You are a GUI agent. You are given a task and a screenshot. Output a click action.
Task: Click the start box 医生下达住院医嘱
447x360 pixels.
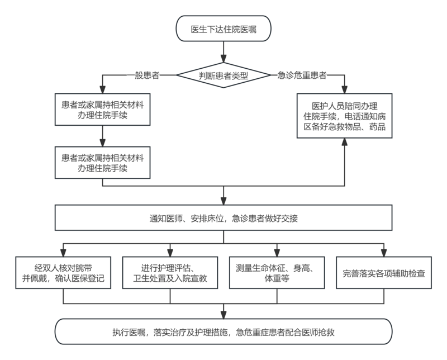click(x=223, y=29)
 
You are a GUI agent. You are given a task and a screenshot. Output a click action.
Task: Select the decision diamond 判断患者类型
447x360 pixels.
click(x=223, y=75)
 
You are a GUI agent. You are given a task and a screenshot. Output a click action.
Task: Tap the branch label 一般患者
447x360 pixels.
click(x=143, y=75)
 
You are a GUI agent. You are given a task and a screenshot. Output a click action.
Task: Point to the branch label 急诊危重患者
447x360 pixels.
click(x=302, y=75)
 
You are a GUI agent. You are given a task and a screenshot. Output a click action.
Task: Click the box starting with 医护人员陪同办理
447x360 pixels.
click(x=344, y=116)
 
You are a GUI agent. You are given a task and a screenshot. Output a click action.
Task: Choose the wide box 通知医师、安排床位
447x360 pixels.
click(x=223, y=217)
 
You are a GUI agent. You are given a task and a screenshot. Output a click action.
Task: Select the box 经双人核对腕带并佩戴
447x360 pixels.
click(x=63, y=273)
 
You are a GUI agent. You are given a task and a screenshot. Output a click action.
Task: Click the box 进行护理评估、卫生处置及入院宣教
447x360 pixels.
click(x=170, y=273)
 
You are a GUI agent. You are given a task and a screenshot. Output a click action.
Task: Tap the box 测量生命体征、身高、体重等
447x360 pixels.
click(x=277, y=273)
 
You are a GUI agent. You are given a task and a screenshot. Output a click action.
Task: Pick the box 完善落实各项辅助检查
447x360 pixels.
click(x=384, y=273)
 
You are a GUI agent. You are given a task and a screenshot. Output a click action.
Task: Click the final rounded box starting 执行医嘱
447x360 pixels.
click(x=223, y=331)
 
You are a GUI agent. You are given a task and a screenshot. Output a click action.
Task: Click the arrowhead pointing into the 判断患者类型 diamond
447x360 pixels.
click(x=223, y=59)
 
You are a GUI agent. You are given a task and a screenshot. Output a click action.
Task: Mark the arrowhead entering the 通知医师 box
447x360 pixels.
click(x=223, y=201)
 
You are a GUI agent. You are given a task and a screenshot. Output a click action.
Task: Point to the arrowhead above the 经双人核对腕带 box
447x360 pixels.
click(x=63, y=253)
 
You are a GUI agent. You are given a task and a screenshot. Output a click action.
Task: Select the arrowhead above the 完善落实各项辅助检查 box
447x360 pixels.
click(x=384, y=253)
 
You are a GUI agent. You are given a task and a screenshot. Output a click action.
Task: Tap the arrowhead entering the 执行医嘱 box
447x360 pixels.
click(x=223, y=315)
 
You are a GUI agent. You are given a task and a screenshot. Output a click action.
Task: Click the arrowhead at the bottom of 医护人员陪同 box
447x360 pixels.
click(x=344, y=142)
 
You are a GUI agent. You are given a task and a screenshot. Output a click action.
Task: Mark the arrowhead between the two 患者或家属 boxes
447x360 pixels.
click(x=103, y=143)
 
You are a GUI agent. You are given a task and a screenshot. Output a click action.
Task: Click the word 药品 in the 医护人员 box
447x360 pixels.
click(x=378, y=127)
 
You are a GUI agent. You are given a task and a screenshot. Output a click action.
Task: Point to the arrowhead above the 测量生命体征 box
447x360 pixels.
click(x=277, y=253)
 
